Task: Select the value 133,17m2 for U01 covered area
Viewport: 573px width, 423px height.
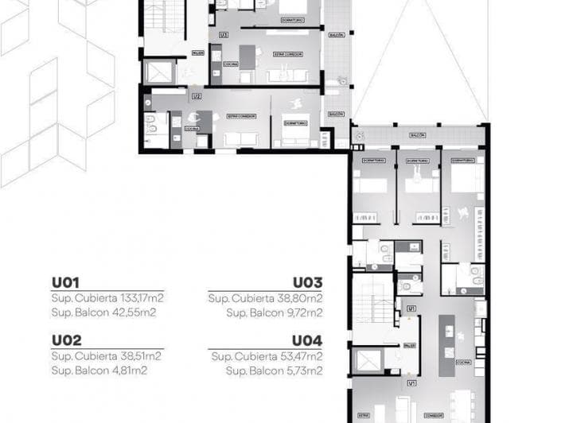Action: point(138,298)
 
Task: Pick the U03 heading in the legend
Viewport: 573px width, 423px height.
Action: point(307,282)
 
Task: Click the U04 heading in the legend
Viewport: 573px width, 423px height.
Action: point(307,341)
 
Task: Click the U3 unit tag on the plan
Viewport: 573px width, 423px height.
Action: point(224,34)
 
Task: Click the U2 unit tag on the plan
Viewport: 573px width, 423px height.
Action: point(196,96)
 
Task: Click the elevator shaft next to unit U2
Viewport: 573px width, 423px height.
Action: point(159,72)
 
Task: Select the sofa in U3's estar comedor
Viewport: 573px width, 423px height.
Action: point(283,76)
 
